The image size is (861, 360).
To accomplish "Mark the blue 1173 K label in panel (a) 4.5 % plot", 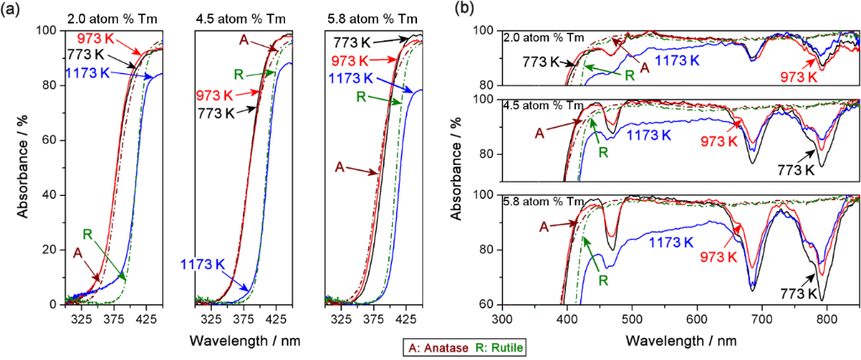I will [206, 265].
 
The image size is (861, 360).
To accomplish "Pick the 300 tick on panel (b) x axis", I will [502, 320].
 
